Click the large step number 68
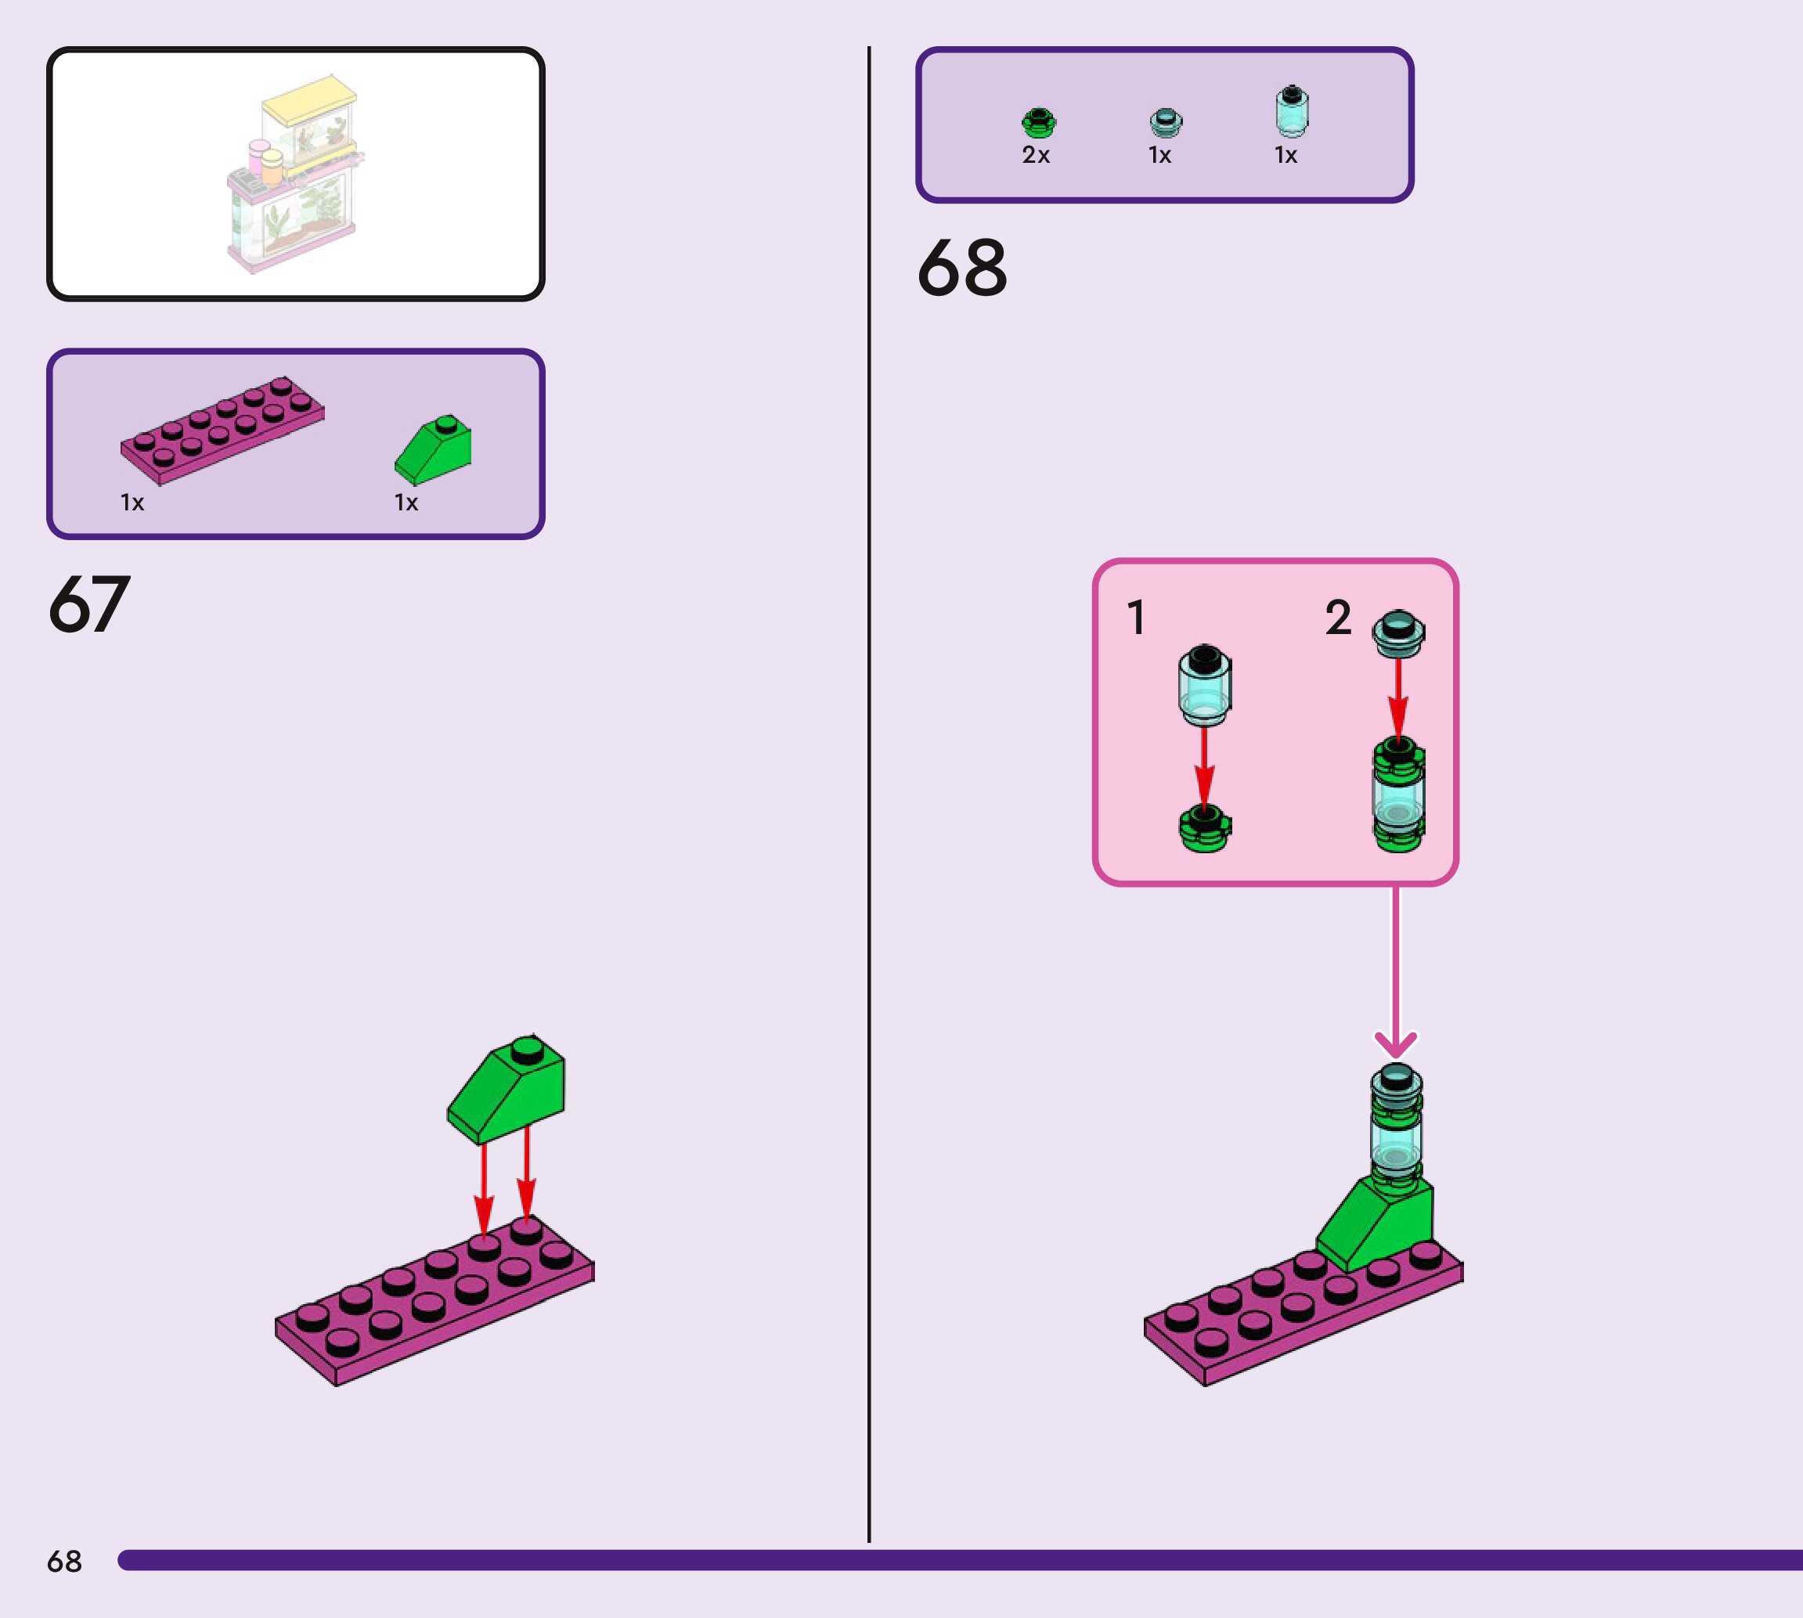coord(962,268)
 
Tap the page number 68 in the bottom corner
coord(64,1561)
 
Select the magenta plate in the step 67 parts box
coord(222,430)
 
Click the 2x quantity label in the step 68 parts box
coord(1036,156)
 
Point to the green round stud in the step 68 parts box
coord(1037,122)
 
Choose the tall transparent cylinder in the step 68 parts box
coord(1291,111)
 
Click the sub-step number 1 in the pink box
coord(1135,617)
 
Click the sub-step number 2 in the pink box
coord(1338,617)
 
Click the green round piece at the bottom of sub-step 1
coord(1205,828)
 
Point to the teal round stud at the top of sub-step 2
coord(1397,632)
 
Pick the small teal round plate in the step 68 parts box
coord(1166,122)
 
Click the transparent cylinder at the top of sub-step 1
coord(1205,683)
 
